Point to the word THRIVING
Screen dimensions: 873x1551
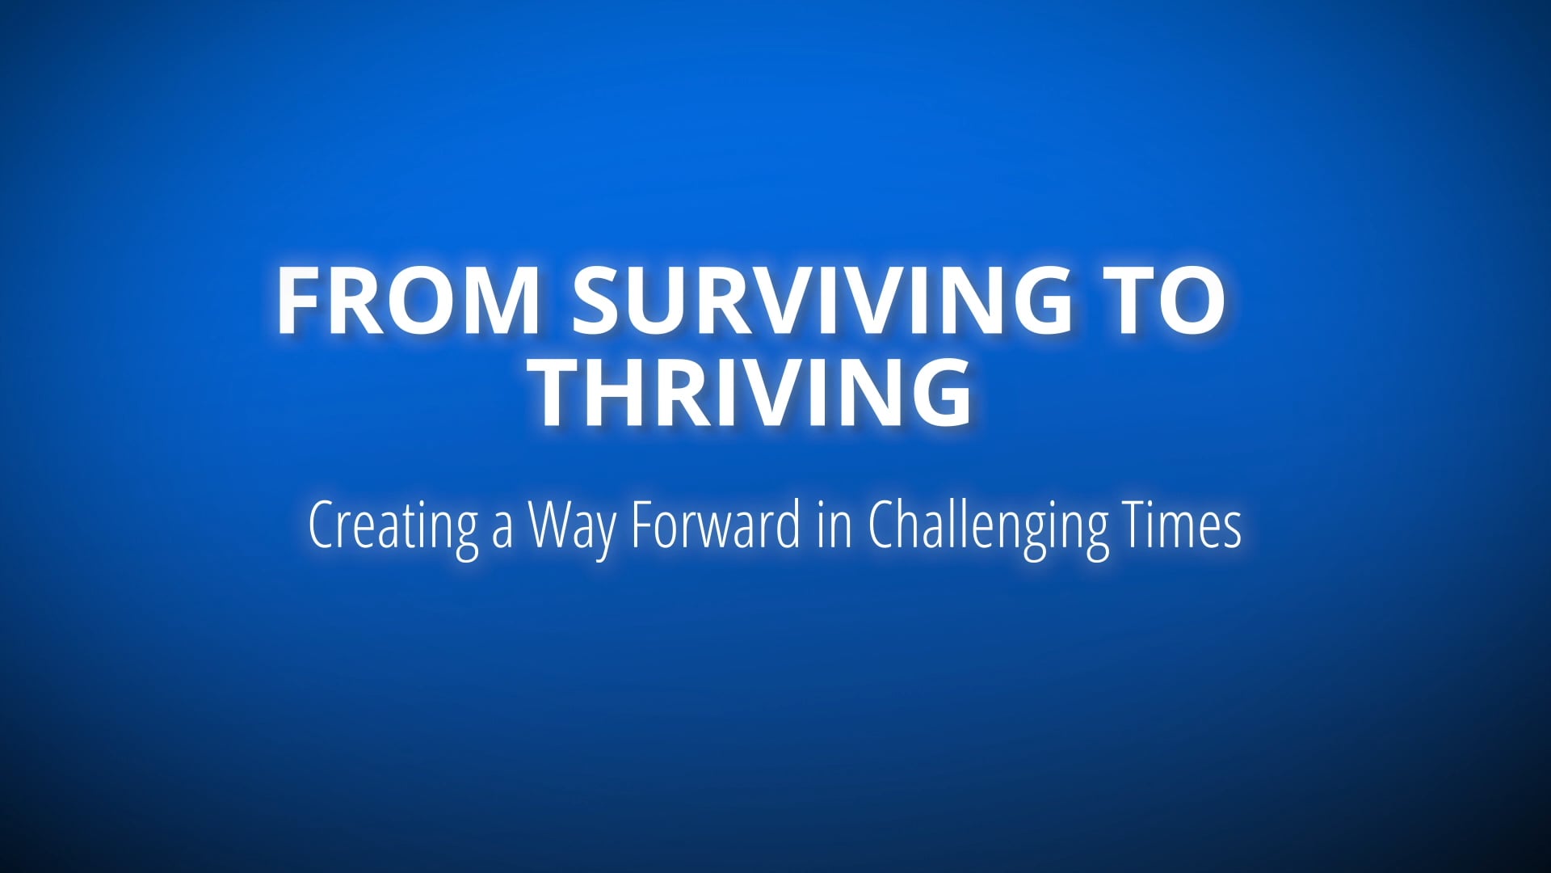[754, 394]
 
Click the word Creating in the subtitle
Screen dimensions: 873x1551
[393, 525]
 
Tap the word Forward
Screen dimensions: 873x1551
[715, 525]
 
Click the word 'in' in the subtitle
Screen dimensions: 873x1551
[834, 525]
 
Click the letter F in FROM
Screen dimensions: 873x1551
[297, 300]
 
